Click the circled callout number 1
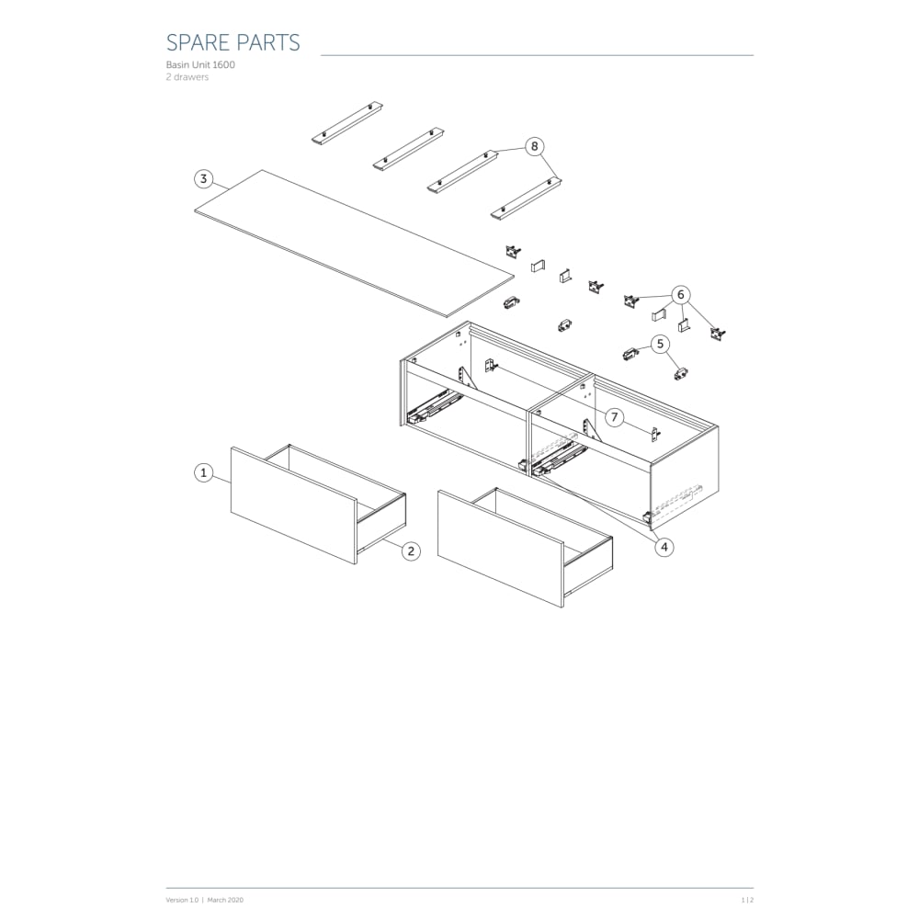pyautogui.click(x=203, y=472)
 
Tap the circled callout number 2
pyautogui.click(x=411, y=550)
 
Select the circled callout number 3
pyautogui.click(x=203, y=179)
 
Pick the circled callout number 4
pyautogui.click(x=664, y=548)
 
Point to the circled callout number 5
pyautogui.click(x=661, y=344)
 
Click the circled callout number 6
pyautogui.click(x=680, y=294)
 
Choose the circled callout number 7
pyautogui.click(x=614, y=417)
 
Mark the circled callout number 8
pyautogui.click(x=534, y=146)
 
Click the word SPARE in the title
pyautogui.click(x=198, y=43)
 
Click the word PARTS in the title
pyautogui.click(x=268, y=43)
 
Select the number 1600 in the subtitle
pyautogui.click(x=224, y=64)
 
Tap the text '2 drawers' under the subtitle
pyautogui.click(x=187, y=77)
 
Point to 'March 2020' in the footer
pyautogui.click(x=225, y=900)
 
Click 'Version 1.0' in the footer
pyautogui.click(x=182, y=900)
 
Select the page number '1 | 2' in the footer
pyautogui.click(x=747, y=900)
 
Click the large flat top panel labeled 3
pyautogui.click(x=354, y=244)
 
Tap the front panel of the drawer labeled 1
pyautogui.click(x=294, y=505)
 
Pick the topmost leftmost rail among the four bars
pyautogui.click(x=347, y=124)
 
